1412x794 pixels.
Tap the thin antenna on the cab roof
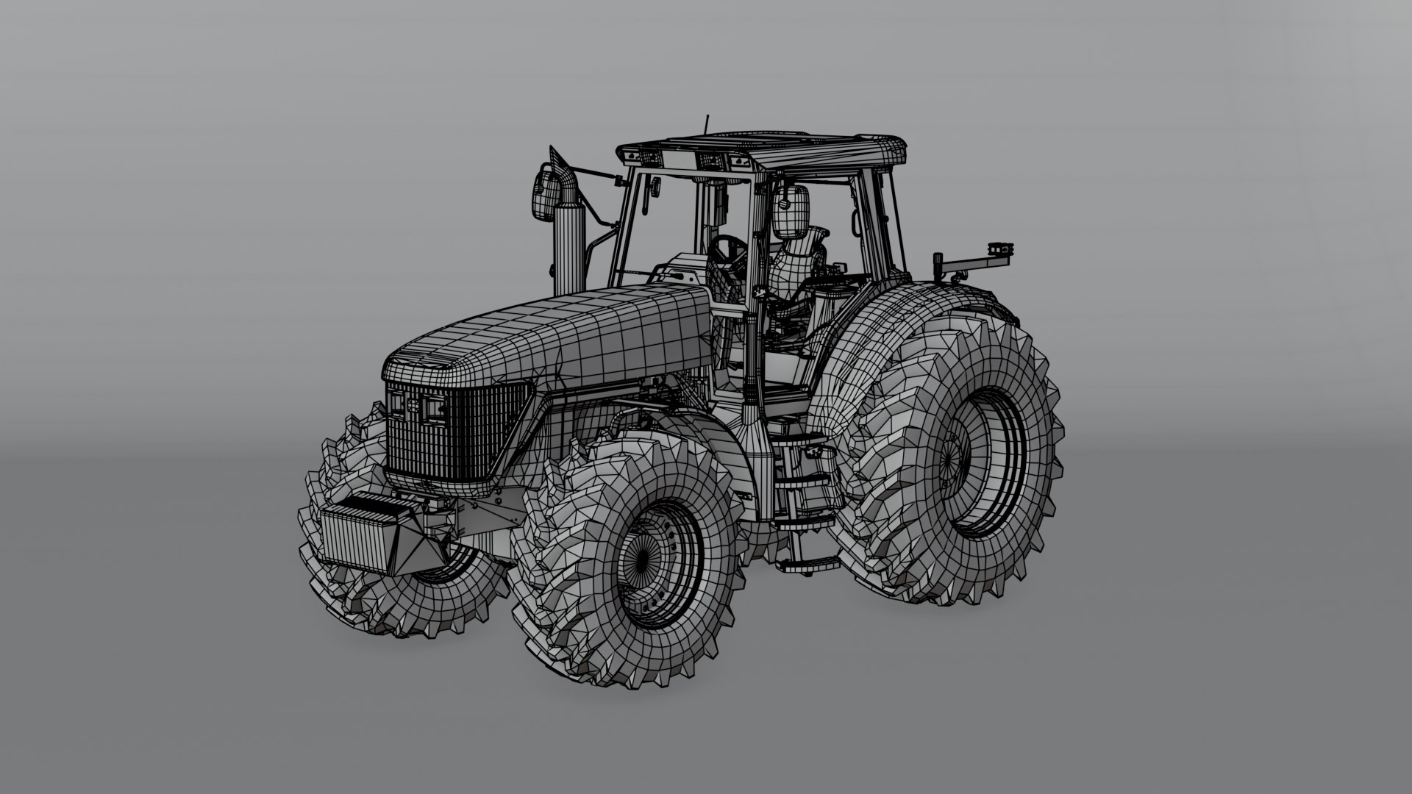(x=707, y=125)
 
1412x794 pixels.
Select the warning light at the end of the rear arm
(x=999, y=251)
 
